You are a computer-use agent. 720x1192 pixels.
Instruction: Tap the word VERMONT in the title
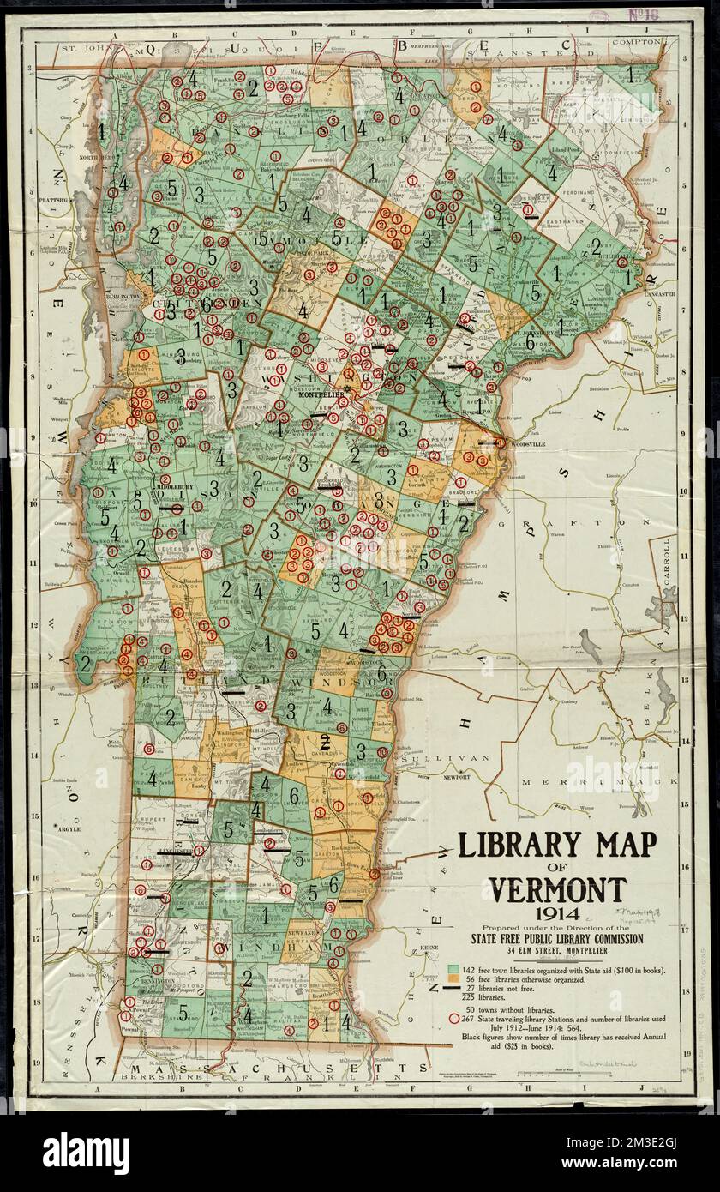558,889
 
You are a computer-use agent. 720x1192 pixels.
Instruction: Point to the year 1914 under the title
557,915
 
